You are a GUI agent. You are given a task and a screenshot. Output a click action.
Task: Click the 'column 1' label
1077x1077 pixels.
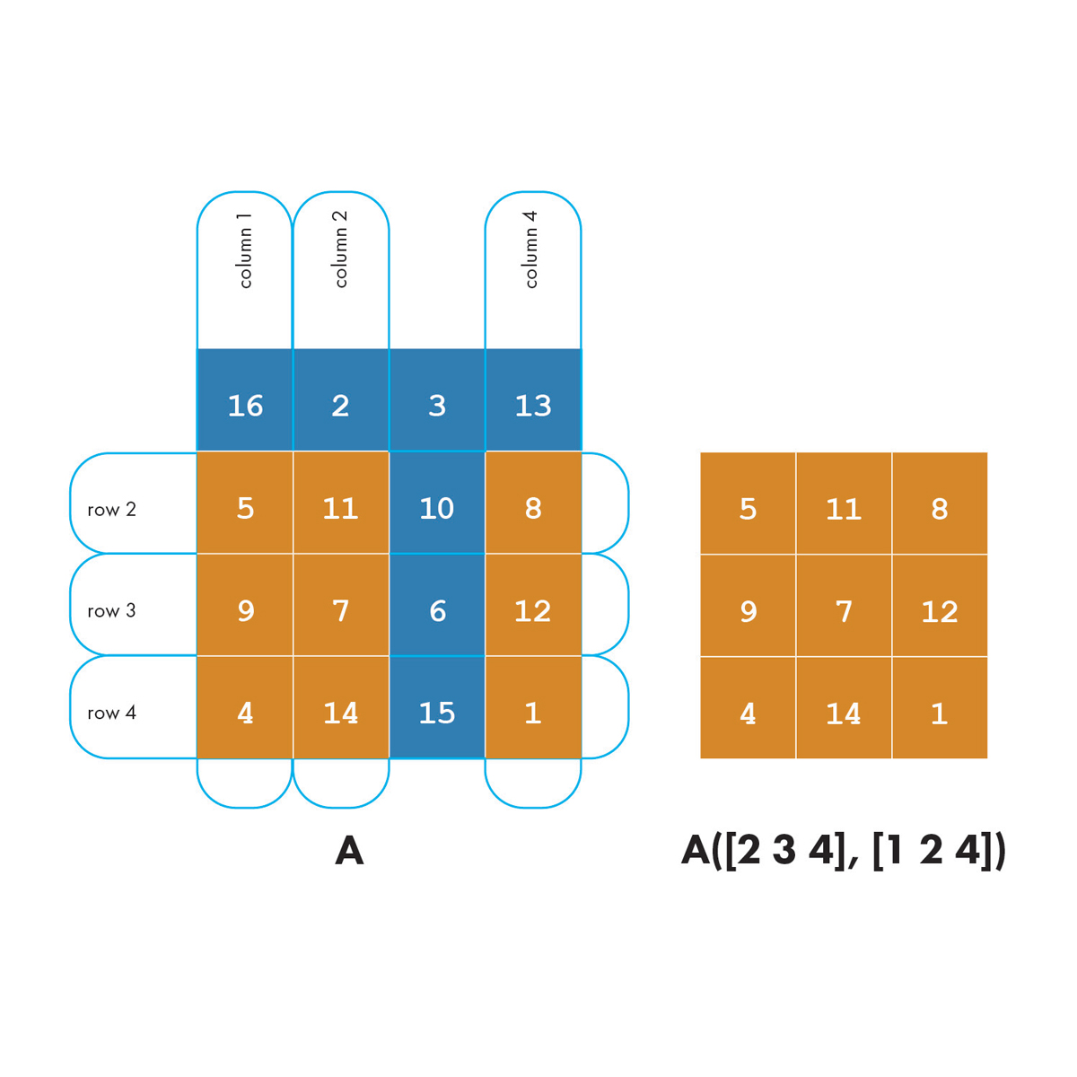245,250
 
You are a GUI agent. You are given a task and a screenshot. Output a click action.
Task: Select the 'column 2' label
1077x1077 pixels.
341,250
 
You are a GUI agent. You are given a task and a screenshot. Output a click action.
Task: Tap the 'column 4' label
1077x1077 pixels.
531,250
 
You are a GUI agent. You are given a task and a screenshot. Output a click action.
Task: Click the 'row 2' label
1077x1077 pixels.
112,510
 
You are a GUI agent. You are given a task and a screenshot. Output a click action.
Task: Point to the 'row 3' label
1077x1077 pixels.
112,611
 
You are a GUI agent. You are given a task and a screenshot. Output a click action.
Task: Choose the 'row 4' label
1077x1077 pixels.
112,714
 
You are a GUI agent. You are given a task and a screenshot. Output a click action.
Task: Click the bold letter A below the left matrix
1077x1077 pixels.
349,851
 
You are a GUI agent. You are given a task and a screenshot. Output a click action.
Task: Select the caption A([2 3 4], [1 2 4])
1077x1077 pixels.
844,851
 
